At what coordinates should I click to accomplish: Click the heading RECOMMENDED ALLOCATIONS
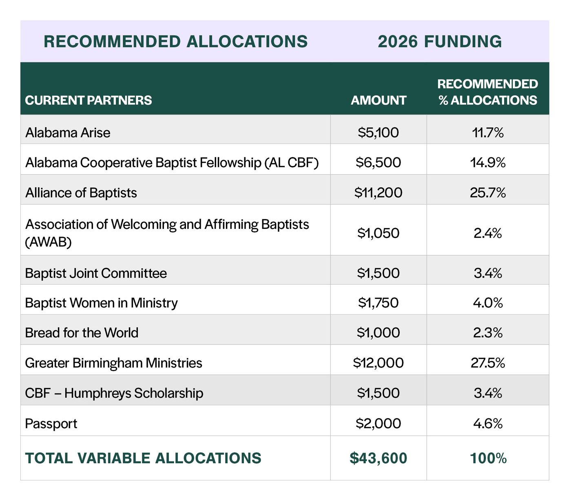click(175, 42)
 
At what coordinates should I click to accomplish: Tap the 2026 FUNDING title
click(440, 42)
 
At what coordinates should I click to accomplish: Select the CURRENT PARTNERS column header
click(88, 100)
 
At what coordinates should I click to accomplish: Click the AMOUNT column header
click(378, 100)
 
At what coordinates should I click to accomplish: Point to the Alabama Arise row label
click(68, 133)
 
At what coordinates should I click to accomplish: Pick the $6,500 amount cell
click(378, 162)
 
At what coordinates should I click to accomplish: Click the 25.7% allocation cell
click(488, 193)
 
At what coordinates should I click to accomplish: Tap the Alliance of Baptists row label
click(81, 193)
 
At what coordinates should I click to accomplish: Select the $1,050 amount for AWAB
click(378, 233)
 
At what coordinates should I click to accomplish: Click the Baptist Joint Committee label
click(96, 273)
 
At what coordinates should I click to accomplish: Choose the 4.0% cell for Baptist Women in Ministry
click(488, 303)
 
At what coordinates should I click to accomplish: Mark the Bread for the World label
click(82, 333)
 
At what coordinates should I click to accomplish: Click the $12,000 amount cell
click(378, 363)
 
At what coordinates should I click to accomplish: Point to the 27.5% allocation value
click(488, 363)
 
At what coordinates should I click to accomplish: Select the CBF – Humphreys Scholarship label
click(114, 393)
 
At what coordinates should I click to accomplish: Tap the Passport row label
click(51, 423)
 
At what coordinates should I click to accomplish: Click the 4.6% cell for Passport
click(488, 423)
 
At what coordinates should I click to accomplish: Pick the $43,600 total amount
click(378, 458)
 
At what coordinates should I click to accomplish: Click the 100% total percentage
click(488, 458)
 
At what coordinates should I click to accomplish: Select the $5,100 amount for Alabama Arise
click(378, 133)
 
